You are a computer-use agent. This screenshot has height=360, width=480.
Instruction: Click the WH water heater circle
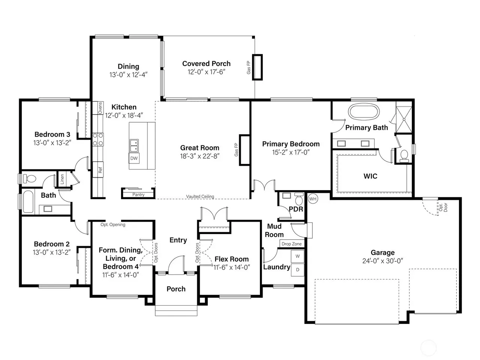click(x=313, y=199)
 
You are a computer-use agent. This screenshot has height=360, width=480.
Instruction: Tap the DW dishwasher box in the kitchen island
click(x=134, y=158)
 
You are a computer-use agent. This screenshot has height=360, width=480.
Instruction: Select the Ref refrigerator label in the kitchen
click(x=100, y=169)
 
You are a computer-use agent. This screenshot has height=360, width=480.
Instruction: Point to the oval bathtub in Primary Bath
click(x=364, y=112)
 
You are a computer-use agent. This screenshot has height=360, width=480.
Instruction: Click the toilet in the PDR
click(x=298, y=198)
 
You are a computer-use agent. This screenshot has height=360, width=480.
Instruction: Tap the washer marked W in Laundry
click(x=297, y=256)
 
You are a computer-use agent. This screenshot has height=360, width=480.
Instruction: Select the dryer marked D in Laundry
click(x=297, y=270)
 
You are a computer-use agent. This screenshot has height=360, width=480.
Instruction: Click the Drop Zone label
click(x=291, y=244)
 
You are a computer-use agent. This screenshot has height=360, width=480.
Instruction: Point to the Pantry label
click(x=138, y=195)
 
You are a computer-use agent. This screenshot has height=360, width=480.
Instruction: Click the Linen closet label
click(x=62, y=179)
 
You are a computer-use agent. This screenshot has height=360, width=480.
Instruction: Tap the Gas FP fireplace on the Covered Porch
click(x=257, y=67)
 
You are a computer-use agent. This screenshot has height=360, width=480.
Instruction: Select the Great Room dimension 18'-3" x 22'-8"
click(x=199, y=156)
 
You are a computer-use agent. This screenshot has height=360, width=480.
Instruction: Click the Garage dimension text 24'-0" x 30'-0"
click(x=382, y=261)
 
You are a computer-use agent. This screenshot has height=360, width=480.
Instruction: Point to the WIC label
click(x=370, y=176)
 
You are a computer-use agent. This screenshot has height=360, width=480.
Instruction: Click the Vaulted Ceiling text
click(x=200, y=196)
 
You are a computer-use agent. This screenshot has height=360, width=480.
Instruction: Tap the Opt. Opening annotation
click(x=113, y=225)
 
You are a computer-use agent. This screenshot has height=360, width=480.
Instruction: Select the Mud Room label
click(x=274, y=230)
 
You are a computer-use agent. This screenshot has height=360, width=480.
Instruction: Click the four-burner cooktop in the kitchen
click(x=98, y=139)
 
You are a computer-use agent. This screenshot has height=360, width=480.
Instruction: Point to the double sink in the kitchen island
click(x=134, y=146)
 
